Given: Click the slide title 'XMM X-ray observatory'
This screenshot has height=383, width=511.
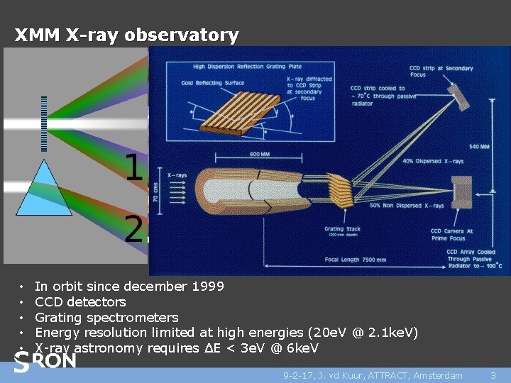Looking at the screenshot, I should tap(126, 35).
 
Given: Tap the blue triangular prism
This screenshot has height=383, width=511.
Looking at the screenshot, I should tap(44, 189).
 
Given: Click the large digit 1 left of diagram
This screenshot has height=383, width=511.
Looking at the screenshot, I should tap(134, 168).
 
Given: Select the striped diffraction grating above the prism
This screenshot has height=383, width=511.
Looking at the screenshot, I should tap(44, 123).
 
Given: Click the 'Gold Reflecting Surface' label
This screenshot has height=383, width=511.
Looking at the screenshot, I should tap(212, 83).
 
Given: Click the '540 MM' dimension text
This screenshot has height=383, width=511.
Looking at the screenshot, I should tap(479, 148).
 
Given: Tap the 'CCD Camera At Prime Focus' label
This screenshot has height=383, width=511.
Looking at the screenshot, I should tap(451, 234).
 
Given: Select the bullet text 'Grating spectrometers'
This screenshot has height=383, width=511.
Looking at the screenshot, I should tap(106, 317).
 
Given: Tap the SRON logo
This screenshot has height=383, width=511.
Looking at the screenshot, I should tap(46, 362).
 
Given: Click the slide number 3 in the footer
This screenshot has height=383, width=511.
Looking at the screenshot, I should tap(493, 375).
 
